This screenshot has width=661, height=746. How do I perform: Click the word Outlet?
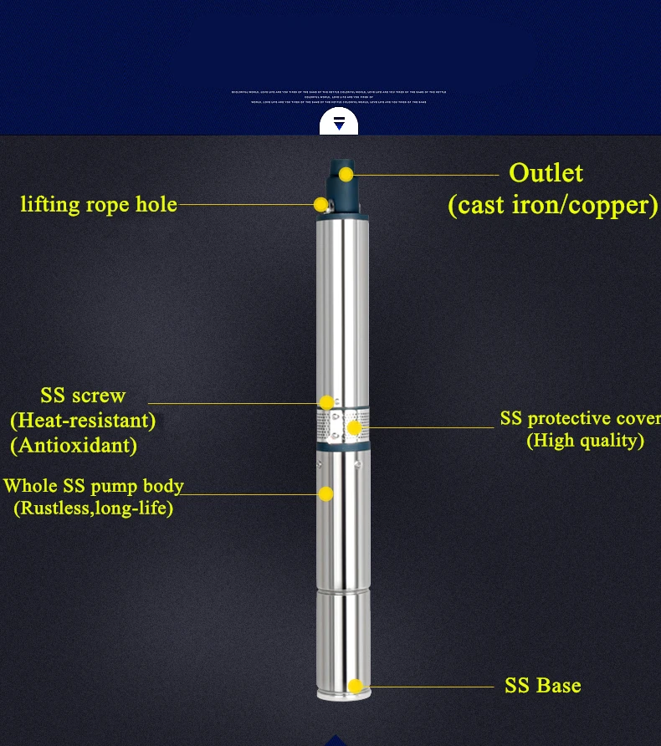546,173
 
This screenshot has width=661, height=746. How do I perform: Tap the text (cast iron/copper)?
553,205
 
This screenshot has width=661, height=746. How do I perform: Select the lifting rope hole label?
99,204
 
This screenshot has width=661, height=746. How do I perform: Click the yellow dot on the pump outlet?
346,175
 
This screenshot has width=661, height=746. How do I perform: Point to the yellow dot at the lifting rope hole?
320,204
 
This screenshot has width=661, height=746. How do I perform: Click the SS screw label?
83,396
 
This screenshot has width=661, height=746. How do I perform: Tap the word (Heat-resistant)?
83,420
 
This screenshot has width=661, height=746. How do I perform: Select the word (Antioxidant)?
74,445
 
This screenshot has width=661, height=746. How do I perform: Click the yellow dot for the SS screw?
326,403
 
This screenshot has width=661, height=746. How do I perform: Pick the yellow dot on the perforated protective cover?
354,428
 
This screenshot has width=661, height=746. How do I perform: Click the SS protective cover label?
580,419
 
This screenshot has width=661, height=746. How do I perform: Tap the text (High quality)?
585,441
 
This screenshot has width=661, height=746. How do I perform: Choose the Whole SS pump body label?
93,486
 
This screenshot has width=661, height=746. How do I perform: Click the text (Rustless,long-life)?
93,508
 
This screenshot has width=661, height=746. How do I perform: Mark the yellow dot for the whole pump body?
325,494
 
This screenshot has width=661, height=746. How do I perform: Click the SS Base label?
542,686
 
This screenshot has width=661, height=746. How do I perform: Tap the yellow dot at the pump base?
355,687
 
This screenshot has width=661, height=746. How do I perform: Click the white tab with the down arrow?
339,122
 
